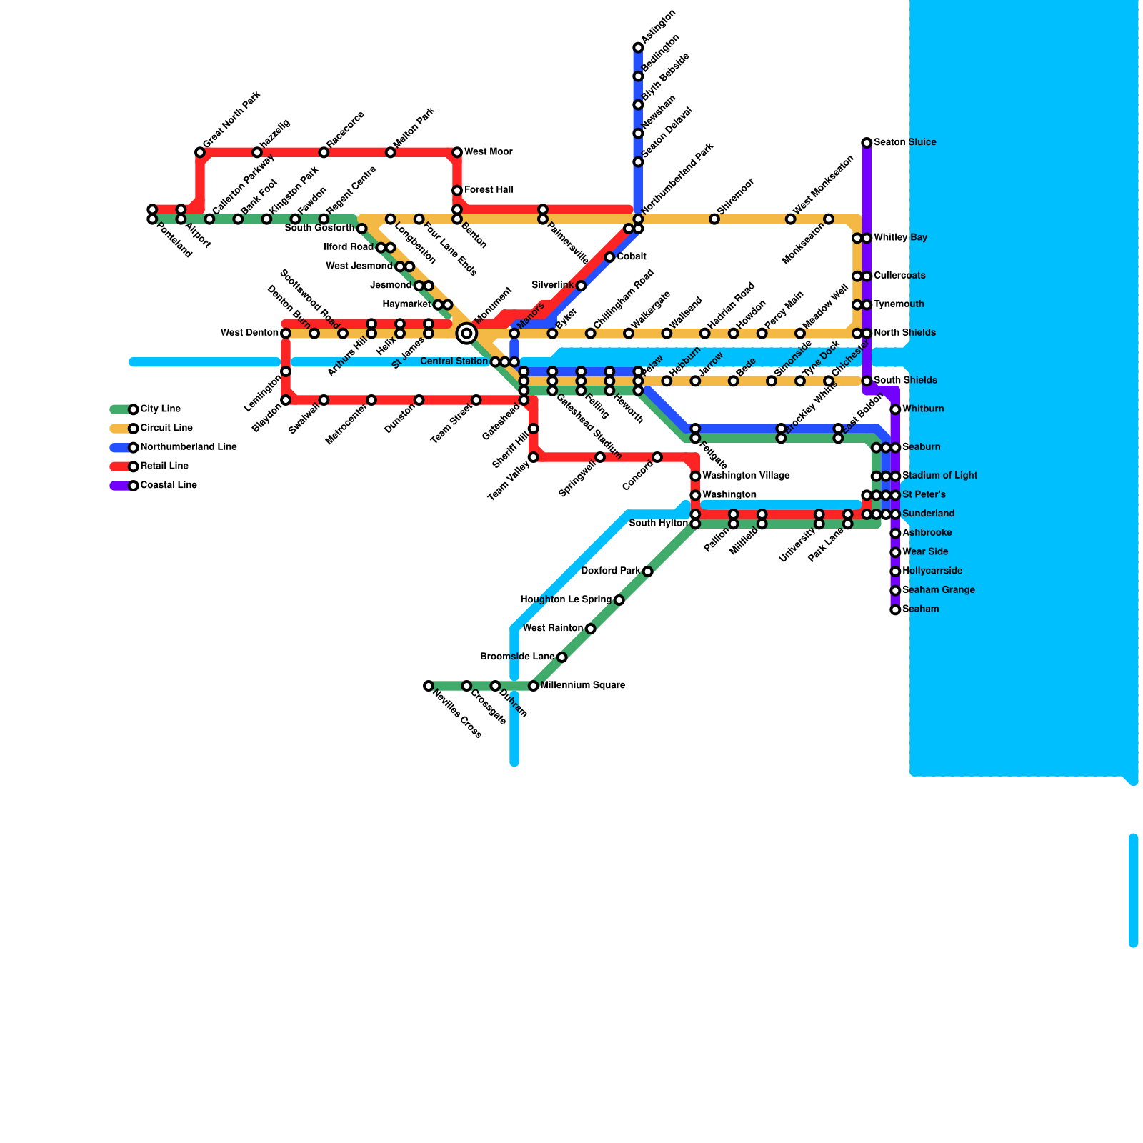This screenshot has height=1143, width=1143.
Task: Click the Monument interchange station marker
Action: [466, 333]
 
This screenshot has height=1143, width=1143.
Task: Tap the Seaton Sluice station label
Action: [904, 143]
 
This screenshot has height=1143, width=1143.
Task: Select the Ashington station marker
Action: [638, 48]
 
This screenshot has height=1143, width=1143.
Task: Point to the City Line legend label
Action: [161, 409]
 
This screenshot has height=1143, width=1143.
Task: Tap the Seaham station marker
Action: [895, 609]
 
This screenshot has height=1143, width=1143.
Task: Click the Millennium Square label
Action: [582, 686]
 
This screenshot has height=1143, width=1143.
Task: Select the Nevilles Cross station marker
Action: [428, 686]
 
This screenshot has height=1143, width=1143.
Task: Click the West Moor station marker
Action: [457, 152]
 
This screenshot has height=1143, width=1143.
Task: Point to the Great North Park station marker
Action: [200, 152]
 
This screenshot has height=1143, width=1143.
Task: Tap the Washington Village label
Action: [746, 476]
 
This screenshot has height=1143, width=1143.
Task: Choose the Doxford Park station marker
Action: [647, 571]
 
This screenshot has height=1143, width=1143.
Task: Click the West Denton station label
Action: [249, 333]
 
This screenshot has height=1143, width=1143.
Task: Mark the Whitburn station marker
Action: [895, 409]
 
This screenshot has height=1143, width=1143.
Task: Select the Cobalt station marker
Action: [609, 257]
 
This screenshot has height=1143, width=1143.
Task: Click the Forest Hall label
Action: [489, 190]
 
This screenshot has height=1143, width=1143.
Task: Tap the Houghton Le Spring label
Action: [566, 600]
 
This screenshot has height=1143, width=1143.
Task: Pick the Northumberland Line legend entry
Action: [188, 447]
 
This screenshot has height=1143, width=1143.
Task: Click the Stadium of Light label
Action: [939, 476]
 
